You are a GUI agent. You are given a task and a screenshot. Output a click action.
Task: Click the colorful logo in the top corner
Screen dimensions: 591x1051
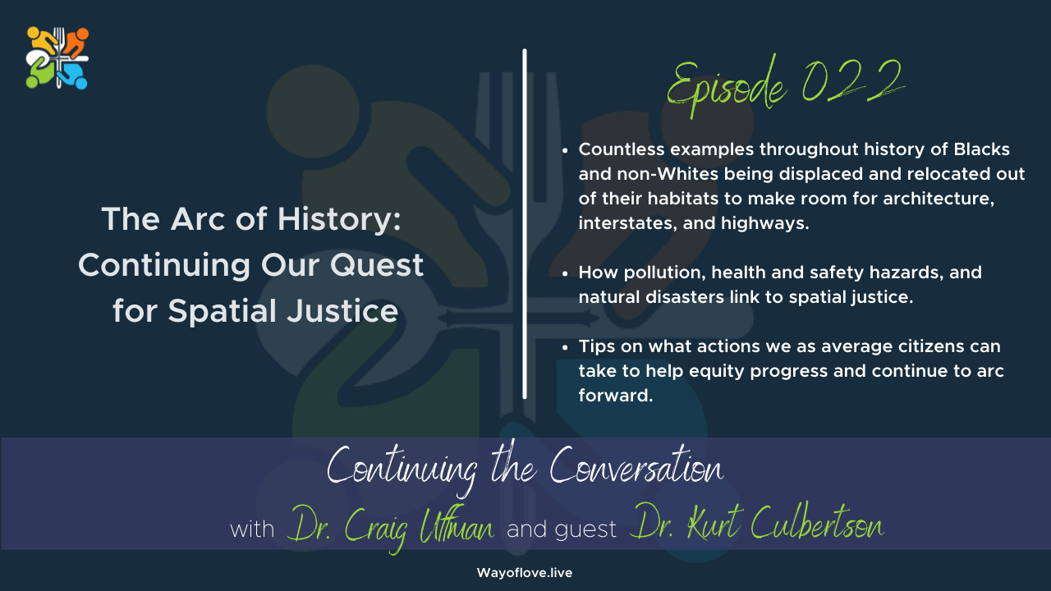(x=57, y=57)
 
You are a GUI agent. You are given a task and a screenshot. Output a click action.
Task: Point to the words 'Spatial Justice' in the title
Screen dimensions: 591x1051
(x=284, y=311)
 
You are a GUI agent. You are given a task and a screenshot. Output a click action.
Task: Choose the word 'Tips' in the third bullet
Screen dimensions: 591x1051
(x=595, y=347)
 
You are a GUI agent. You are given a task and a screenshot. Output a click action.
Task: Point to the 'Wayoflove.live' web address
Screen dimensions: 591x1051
(x=525, y=573)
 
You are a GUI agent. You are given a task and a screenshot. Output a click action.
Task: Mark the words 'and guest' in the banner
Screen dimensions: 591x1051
(x=562, y=529)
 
